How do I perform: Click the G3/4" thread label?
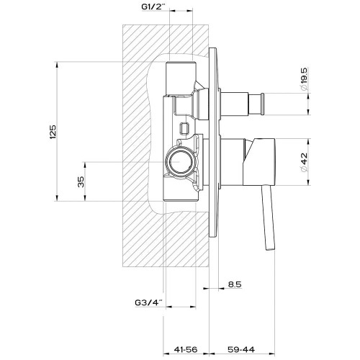pos(149,303)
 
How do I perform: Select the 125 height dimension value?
pos(53,132)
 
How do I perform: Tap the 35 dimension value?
pos(81,181)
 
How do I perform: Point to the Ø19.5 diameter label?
pos(304,79)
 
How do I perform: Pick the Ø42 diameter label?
pos(304,162)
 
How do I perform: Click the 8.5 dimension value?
pos(235,284)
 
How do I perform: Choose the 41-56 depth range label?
pos(186,349)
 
